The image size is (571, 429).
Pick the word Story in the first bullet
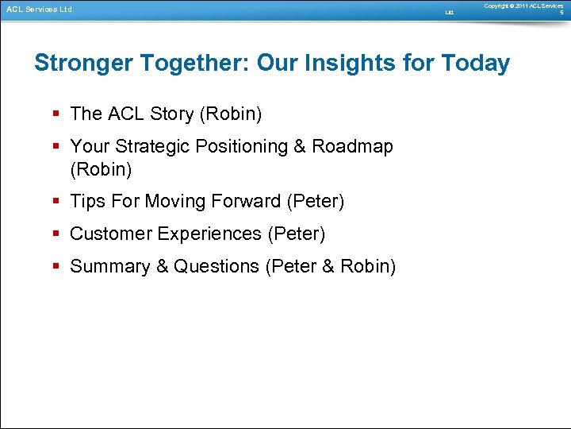click(171, 114)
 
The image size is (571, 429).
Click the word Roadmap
click(352, 147)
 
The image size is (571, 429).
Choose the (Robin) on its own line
click(101, 170)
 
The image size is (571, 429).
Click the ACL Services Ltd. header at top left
click(40, 10)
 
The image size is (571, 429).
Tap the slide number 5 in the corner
click(561, 13)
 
